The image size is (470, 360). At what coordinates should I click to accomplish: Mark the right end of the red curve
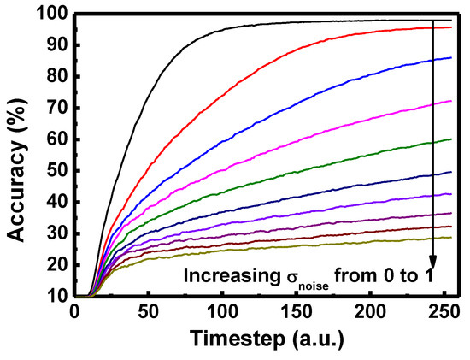451,27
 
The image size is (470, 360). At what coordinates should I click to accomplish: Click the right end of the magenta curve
451,101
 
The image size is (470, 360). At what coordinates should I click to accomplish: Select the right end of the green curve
451,139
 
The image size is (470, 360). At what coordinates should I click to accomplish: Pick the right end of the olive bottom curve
451,238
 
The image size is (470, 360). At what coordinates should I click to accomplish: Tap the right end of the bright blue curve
451,57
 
